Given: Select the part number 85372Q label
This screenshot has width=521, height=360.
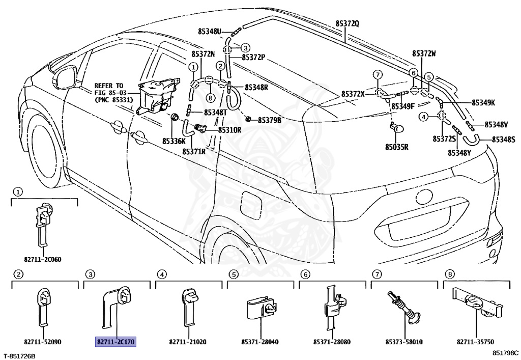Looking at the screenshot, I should (x=347, y=23).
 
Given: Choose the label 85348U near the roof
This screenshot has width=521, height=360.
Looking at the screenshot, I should (x=210, y=32).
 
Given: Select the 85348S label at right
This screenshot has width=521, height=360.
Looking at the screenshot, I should (x=503, y=139).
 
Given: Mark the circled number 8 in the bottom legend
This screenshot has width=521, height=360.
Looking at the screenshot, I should (x=449, y=274).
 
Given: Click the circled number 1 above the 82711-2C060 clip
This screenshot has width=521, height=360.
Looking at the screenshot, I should (x=18, y=192).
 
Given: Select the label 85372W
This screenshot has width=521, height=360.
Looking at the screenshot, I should (x=424, y=53).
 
